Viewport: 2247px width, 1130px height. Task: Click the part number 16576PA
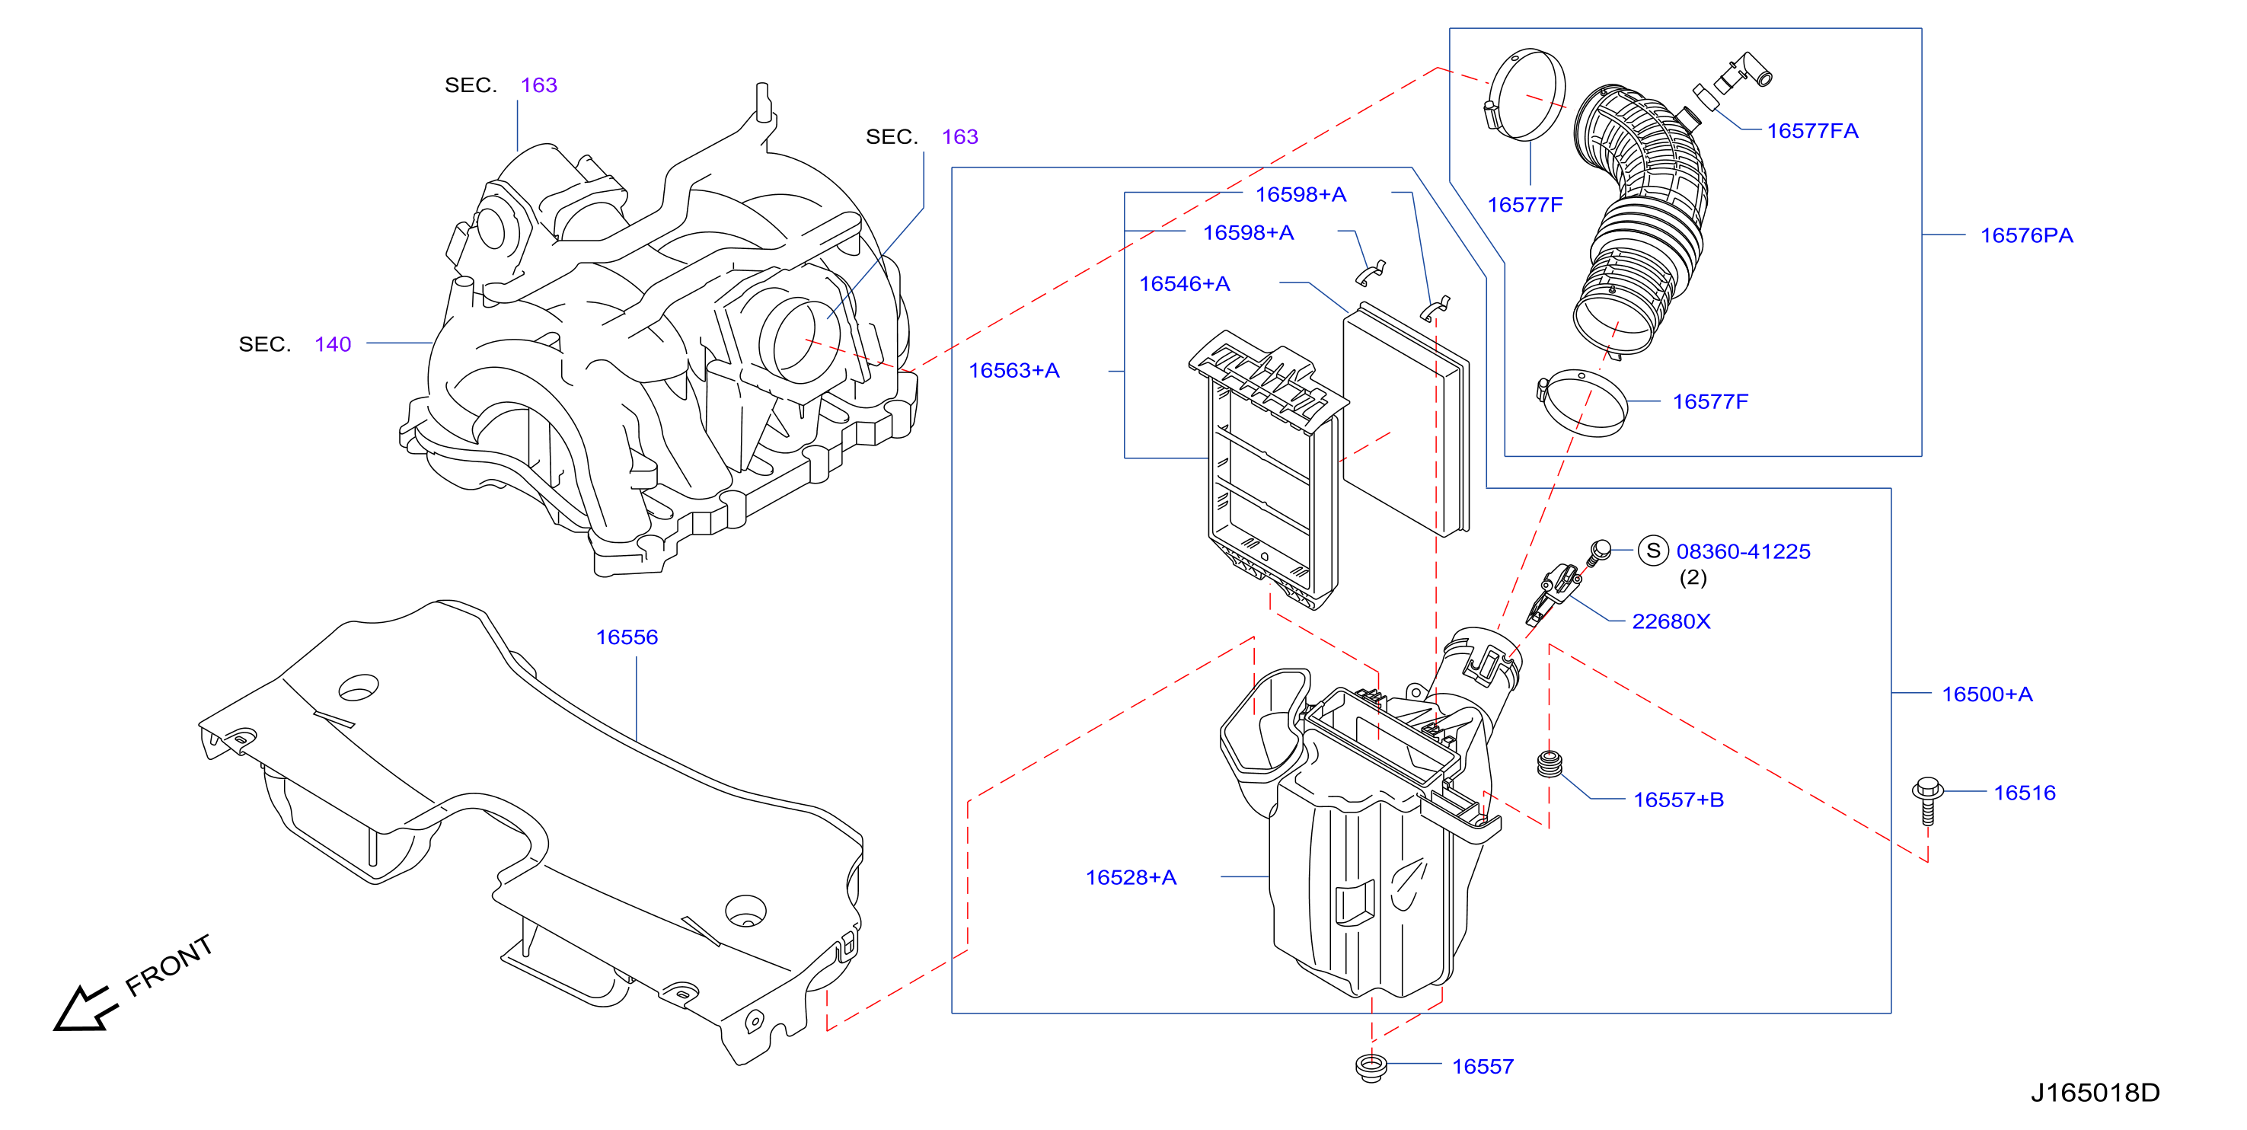coord(2025,235)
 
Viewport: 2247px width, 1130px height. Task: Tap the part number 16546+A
coord(1184,283)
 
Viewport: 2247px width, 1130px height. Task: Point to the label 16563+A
coord(1013,370)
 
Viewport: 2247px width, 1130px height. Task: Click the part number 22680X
coord(1671,621)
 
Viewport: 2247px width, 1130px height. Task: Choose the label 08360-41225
coord(1743,551)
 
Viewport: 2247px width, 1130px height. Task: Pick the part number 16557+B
coord(1678,800)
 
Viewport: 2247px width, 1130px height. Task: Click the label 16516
coord(2024,793)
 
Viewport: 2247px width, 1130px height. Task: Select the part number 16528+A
coord(1131,877)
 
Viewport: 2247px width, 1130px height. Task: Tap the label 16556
coord(627,637)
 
